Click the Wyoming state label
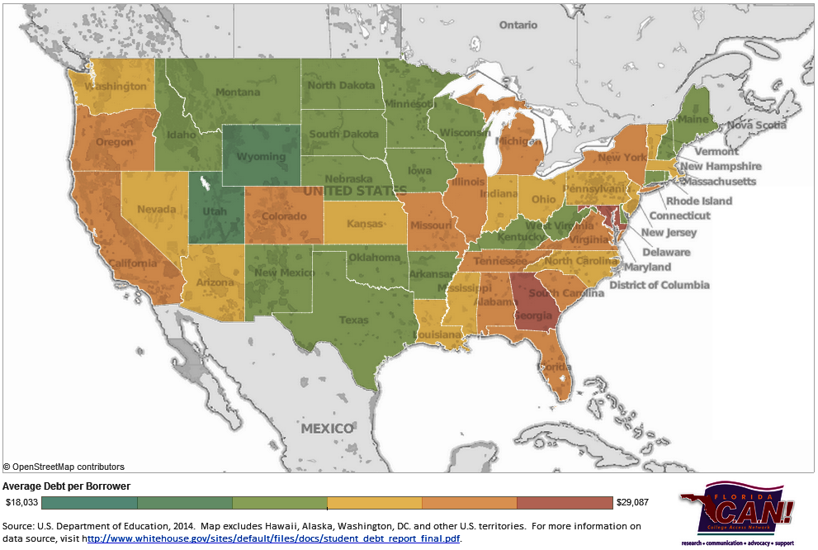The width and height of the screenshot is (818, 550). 261,157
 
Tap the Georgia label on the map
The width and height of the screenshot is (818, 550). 532,315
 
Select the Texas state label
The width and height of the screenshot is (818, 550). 355,320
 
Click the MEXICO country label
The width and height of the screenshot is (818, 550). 327,429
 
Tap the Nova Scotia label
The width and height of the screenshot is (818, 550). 756,126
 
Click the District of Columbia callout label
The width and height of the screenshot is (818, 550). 659,285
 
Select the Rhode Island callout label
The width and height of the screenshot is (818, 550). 699,201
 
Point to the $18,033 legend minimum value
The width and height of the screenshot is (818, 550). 21,502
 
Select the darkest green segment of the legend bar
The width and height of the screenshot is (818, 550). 89,502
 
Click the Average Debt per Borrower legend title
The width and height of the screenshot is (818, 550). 67,486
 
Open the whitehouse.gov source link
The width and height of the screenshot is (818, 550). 272,539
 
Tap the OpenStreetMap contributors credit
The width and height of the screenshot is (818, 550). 64,467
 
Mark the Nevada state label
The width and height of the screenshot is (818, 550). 156,210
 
